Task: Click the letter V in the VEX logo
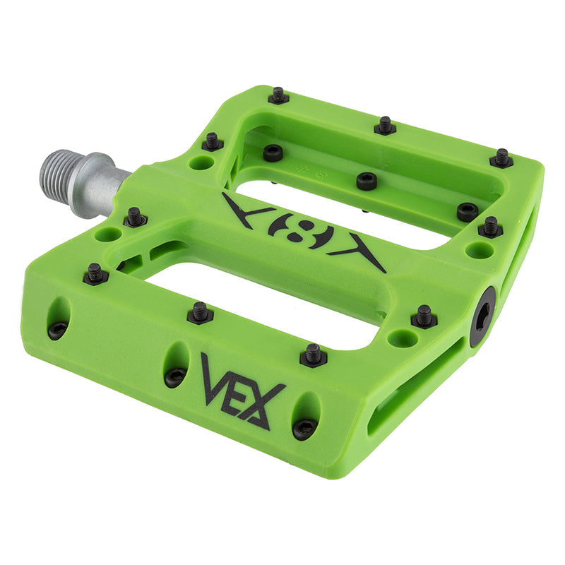[x=215, y=379]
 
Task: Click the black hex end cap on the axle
[x=483, y=316]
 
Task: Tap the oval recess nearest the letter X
[x=305, y=416]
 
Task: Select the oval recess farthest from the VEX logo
[x=59, y=318]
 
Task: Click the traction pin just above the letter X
[x=314, y=354]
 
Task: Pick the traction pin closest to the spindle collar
[x=136, y=216]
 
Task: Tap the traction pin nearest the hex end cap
[x=424, y=316]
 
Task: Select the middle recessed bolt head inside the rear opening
[x=366, y=181]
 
